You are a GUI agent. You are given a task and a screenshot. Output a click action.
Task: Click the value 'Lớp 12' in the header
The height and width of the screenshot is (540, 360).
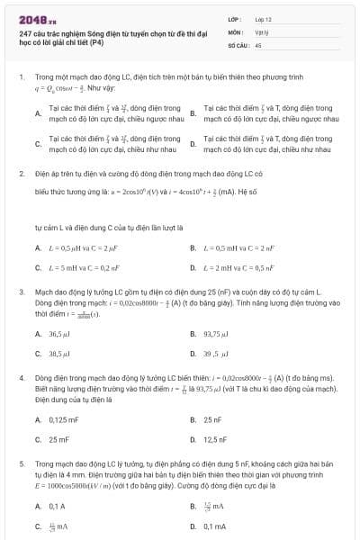(x=263, y=18)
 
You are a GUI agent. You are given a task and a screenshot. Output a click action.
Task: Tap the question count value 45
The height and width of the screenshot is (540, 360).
(x=258, y=43)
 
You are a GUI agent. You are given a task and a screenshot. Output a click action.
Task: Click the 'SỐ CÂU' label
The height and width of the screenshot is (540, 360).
(x=238, y=43)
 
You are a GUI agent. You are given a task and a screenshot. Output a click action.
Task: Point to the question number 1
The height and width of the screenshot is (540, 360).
(x=20, y=76)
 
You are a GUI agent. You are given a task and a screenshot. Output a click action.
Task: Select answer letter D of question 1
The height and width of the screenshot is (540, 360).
(x=193, y=143)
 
